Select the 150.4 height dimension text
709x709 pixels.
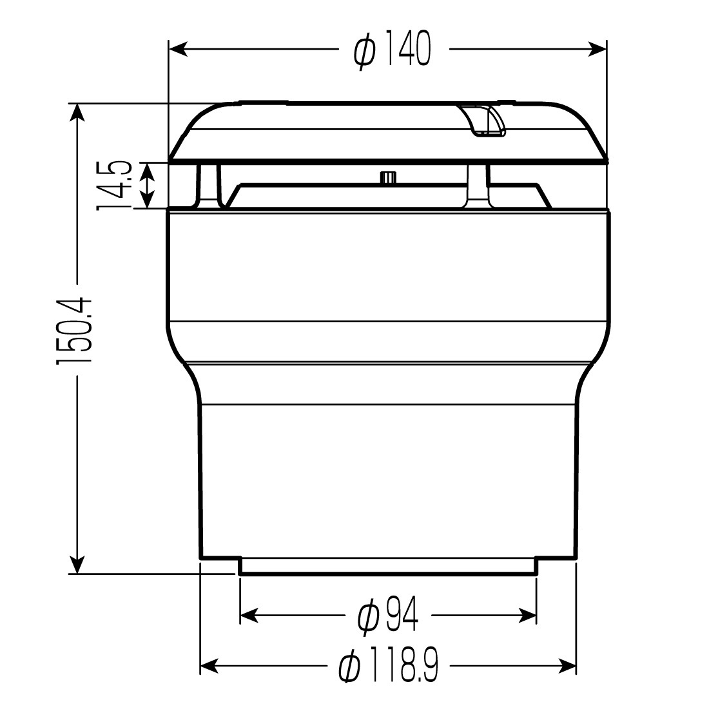(x=74, y=331)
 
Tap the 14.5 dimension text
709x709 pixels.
(x=114, y=186)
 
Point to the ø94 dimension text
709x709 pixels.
(x=387, y=616)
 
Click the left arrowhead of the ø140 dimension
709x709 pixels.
(x=178, y=49)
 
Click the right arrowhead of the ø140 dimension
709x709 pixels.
(x=596, y=49)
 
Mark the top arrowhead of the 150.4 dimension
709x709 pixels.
(x=77, y=113)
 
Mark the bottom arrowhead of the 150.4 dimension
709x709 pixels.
(x=77, y=565)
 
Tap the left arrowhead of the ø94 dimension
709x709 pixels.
(x=249, y=616)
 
